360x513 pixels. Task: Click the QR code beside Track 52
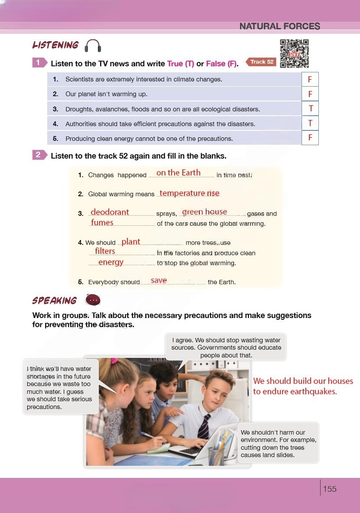[x=294, y=53]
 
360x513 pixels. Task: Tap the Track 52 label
[x=262, y=62]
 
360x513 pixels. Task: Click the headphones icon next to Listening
[x=93, y=45]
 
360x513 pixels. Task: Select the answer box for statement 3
[x=310, y=109]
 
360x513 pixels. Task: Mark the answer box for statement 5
[x=310, y=138]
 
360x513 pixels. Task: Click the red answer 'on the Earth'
[x=178, y=173]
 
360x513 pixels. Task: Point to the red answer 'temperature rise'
[x=189, y=193]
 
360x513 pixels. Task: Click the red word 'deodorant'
[x=110, y=212]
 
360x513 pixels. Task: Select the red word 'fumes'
[x=102, y=223]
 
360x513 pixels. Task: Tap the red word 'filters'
[x=105, y=251]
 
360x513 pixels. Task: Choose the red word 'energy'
[x=111, y=262]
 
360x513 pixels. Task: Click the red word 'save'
[x=159, y=280]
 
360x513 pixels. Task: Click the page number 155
[x=330, y=489]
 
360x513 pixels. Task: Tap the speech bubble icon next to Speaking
[x=93, y=300]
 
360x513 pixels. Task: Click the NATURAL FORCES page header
[x=279, y=26]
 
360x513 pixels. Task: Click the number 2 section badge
[x=39, y=155]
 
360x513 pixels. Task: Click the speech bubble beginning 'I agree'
[x=226, y=347]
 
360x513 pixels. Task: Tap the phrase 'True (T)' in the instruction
[x=181, y=64]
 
